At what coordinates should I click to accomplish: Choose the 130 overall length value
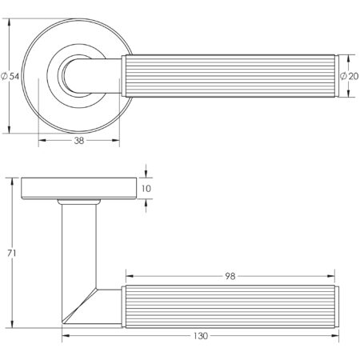tap(200, 336)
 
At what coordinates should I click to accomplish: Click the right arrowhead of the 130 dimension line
tap(334, 336)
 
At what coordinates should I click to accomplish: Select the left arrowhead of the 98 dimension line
tap(125, 276)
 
